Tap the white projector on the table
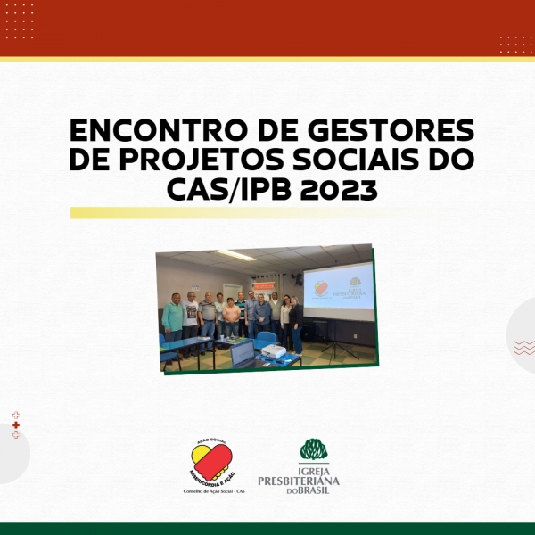pos(274,354)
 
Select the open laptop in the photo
pos(243,354)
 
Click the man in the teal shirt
pos(173,317)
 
